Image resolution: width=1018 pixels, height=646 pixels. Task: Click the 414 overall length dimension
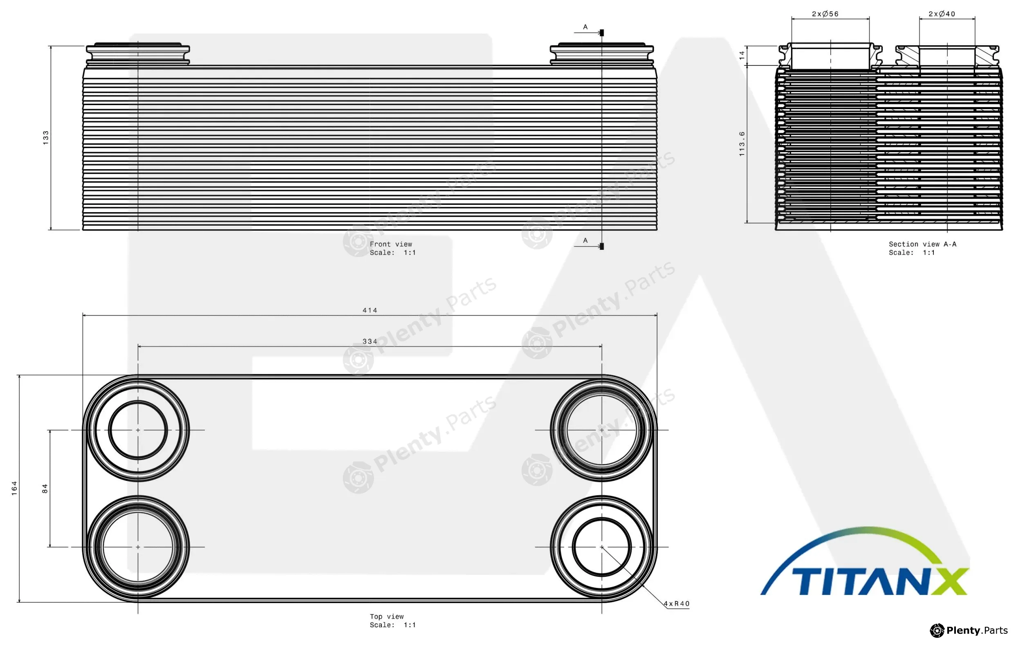pyautogui.click(x=370, y=310)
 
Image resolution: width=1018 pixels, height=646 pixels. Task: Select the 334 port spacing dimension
pyautogui.click(x=370, y=341)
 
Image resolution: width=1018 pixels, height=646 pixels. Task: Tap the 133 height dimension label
pyautogui.click(x=46, y=138)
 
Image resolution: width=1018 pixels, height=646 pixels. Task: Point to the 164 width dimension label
pyautogui.click(x=14, y=488)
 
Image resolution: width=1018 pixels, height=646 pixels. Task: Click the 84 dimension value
pyautogui.click(x=45, y=489)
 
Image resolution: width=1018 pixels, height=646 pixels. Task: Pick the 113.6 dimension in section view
pyautogui.click(x=742, y=144)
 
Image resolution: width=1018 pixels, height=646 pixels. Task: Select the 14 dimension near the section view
pyautogui.click(x=742, y=55)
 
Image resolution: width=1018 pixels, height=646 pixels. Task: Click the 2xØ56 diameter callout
pyautogui.click(x=825, y=14)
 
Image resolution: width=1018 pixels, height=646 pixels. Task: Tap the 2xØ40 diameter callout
pyautogui.click(x=942, y=14)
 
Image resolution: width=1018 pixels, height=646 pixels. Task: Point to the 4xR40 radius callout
pyautogui.click(x=677, y=604)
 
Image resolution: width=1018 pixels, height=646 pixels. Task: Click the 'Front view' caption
pyautogui.click(x=391, y=244)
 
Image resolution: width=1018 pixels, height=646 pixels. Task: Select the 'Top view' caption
pyautogui.click(x=387, y=617)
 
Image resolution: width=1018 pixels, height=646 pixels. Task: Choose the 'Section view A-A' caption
pyautogui.click(x=922, y=244)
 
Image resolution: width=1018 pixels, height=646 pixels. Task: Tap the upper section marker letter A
pyautogui.click(x=585, y=27)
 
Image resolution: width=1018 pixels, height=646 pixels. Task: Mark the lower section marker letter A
pyautogui.click(x=585, y=240)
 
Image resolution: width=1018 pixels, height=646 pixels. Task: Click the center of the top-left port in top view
pyautogui.click(x=138, y=430)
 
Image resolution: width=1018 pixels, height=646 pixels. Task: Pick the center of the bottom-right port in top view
pyautogui.click(x=601, y=547)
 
